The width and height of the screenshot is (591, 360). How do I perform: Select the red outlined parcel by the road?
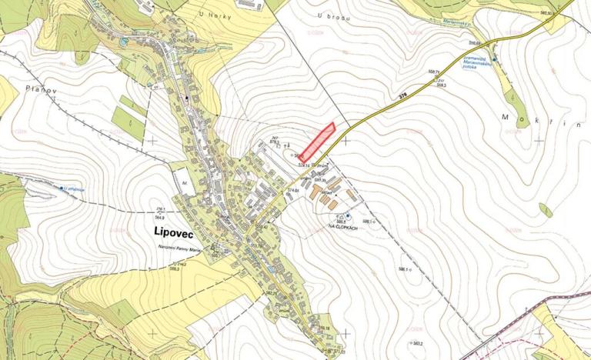(x=317, y=142)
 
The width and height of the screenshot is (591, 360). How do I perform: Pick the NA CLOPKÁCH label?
(x=346, y=227)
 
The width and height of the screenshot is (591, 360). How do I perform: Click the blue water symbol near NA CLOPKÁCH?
(x=347, y=215)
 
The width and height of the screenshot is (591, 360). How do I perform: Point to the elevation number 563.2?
(x=419, y=343)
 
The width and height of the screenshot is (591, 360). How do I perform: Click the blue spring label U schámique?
(x=74, y=188)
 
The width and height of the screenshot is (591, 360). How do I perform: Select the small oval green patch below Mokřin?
(x=546, y=209)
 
